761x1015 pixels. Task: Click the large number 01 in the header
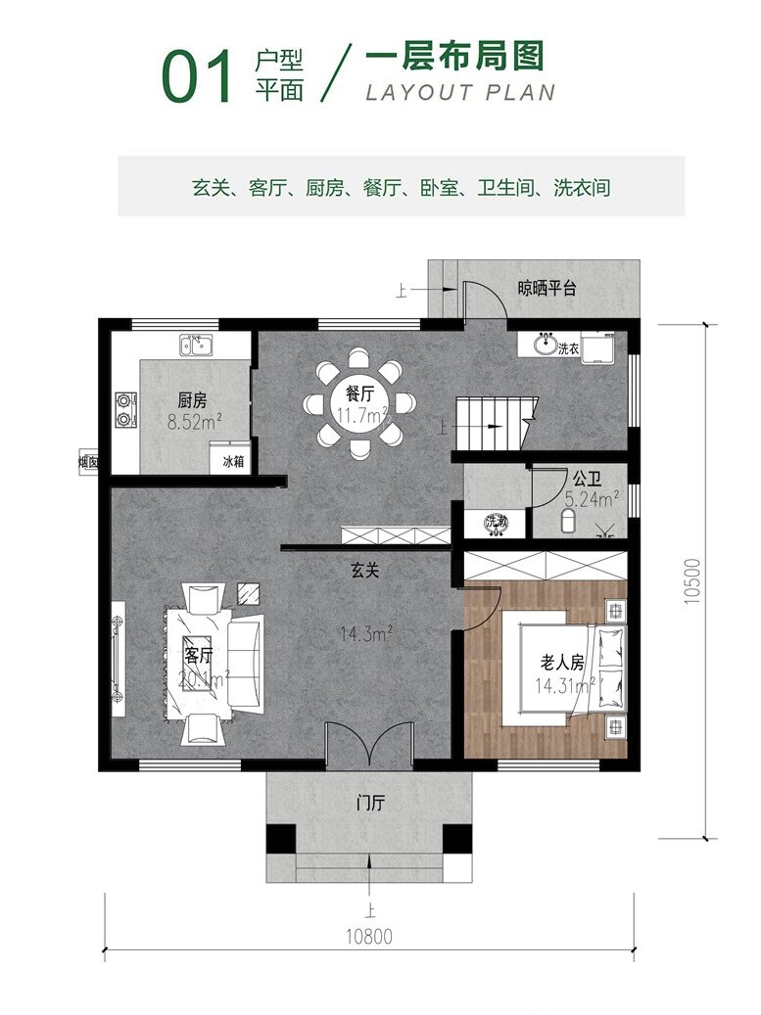coord(198,78)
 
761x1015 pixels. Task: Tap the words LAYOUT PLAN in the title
coord(459,93)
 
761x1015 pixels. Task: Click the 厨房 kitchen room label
coord(192,400)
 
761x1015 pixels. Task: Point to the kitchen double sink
coord(196,345)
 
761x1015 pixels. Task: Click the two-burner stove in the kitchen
coord(125,410)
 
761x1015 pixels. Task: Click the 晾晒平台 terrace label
coord(547,289)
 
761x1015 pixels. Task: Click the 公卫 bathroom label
coord(587,480)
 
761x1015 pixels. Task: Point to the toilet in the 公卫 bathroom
coord(569,518)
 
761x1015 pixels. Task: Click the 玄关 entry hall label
coord(366,570)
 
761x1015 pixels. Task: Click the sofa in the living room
coord(247,662)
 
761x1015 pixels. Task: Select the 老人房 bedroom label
coord(562,663)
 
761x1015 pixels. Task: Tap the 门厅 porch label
coord(370,805)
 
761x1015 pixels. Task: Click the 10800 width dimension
coord(368,936)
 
